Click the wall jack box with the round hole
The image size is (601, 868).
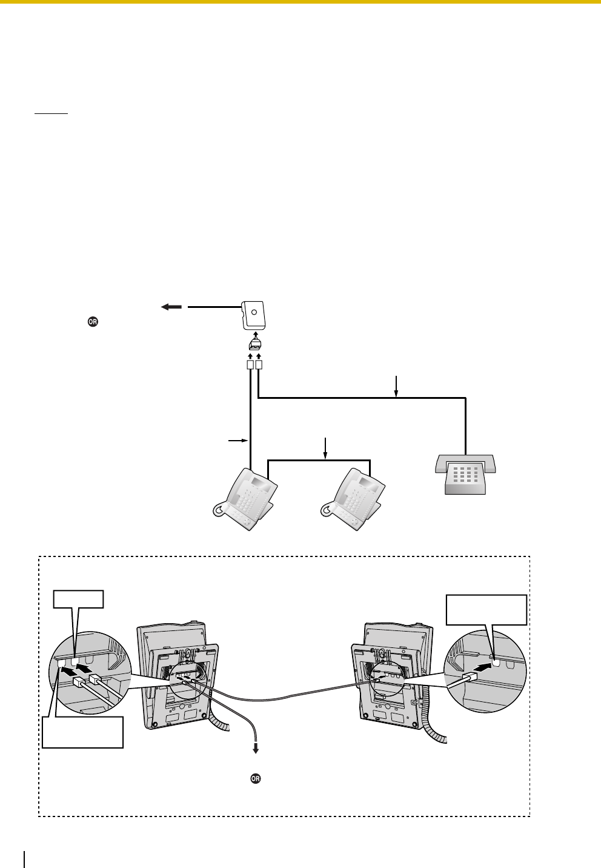[254, 315]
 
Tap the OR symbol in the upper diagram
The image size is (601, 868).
[93, 322]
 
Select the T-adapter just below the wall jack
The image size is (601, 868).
[255, 344]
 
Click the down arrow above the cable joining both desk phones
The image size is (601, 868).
[326, 448]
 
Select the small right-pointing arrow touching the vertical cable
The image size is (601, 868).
[237, 439]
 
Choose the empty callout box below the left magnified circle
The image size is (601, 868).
[83, 732]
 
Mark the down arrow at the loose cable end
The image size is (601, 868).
[256, 748]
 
